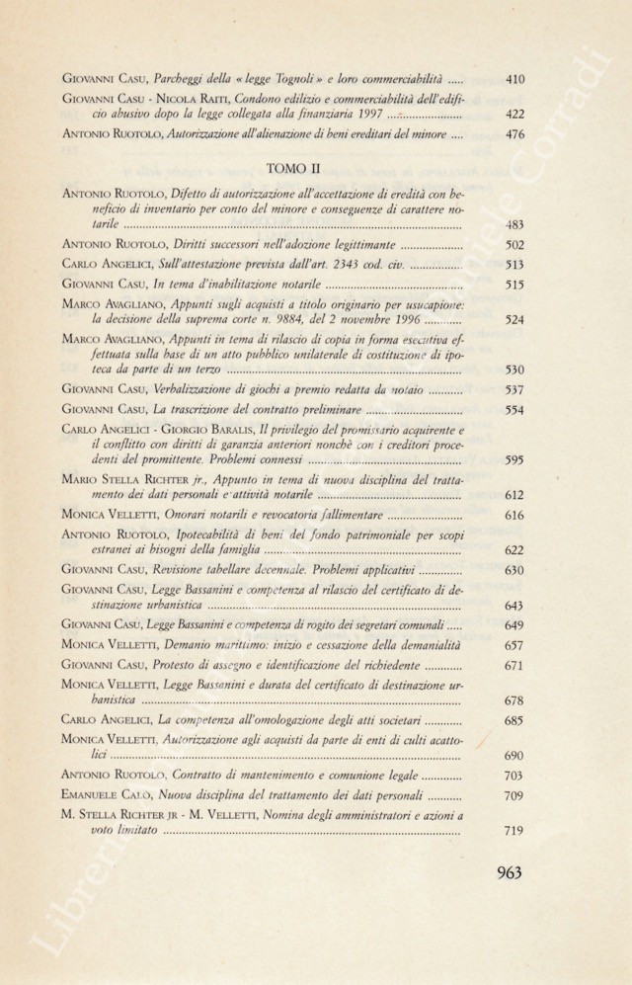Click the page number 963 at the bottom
(x=502, y=871)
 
